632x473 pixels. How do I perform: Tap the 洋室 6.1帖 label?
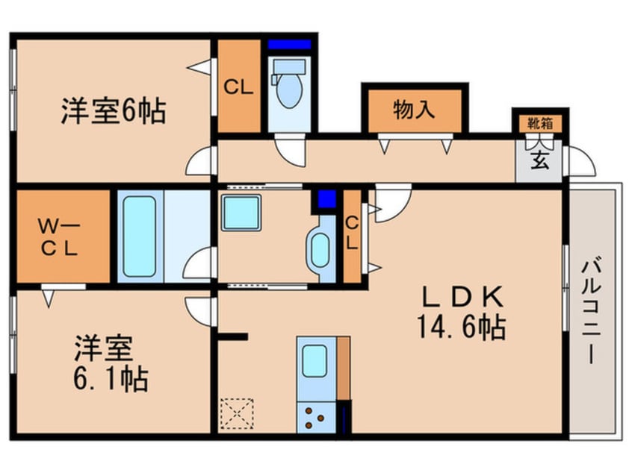pyautogui.click(x=111, y=365)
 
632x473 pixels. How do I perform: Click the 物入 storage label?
pyautogui.click(x=413, y=110)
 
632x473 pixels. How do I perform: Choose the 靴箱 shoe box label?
pyautogui.click(x=540, y=123)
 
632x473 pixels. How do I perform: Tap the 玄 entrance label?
pyautogui.click(x=539, y=160)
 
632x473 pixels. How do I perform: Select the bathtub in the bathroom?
pyautogui.click(x=140, y=236)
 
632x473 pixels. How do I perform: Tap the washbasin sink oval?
pyautogui.click(x=320, y=251)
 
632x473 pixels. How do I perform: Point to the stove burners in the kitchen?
pyautogui.click(x=314, y=416)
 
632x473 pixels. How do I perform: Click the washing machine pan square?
pyautogui.click(x=241, y=213)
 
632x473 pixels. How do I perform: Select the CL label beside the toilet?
pyautogui.click(x=239, y=86)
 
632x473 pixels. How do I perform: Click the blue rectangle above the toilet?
pyautogui.click(x=289, y=44)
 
